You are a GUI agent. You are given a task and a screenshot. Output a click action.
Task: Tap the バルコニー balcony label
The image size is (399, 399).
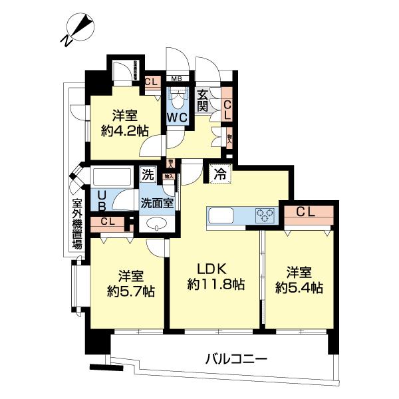pos(236,359)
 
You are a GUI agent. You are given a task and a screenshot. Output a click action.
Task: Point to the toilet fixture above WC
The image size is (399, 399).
pos(178,100)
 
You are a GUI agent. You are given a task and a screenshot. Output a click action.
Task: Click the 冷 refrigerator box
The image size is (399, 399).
pos(219,175)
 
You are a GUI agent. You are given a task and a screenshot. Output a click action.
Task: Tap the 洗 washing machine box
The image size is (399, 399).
pos(148,176)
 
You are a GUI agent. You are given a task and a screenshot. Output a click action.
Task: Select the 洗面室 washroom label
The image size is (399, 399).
pos(157,203)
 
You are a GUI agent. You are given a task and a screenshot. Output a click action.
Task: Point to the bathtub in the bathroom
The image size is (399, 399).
pos(115,178)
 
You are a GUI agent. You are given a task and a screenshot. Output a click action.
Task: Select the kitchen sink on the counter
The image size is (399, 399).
pos(226,215)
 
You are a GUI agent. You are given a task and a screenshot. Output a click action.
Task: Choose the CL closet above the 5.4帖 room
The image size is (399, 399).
pos(306,213)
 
